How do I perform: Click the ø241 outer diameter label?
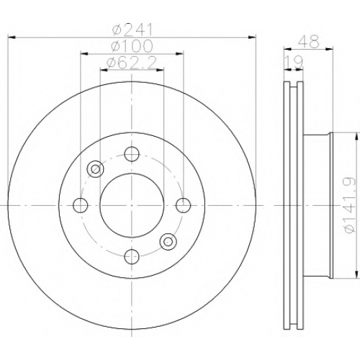132,30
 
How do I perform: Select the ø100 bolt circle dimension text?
132,46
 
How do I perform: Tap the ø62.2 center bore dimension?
132,63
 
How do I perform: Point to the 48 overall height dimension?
309,41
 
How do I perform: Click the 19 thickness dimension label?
294,62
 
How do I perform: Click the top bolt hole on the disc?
132,154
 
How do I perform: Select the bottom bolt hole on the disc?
132,256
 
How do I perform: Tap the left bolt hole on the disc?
81,205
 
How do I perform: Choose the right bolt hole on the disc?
184,205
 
